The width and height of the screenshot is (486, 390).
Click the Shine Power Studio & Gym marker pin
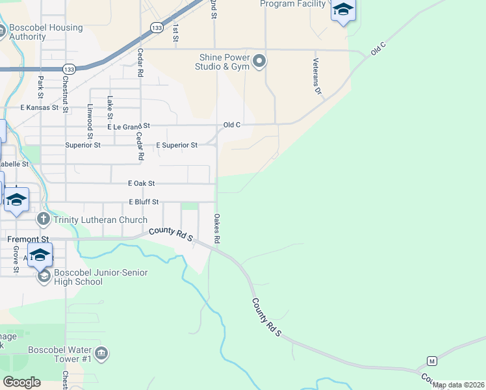[x=260, y=62]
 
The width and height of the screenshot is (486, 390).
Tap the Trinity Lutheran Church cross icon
[x=44, y=219]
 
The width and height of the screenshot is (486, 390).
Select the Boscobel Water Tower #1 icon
[x=101, y=354]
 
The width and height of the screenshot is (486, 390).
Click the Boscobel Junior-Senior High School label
[x=92, y=277]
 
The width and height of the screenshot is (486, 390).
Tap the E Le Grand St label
[x=129, y=125]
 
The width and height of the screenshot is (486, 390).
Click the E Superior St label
[x=177, y=145]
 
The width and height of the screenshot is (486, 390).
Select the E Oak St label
[x=144, y=184]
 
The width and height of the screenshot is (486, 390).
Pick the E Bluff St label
[x=144, y=202]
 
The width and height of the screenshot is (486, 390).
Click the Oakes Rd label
[x=217, y=229]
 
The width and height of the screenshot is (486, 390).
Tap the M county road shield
[x=431, y=361]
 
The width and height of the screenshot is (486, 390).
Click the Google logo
[x=21, y=382]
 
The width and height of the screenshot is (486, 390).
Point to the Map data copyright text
[x=459, y=385]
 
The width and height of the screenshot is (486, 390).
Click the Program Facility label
[x=292, y=4]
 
